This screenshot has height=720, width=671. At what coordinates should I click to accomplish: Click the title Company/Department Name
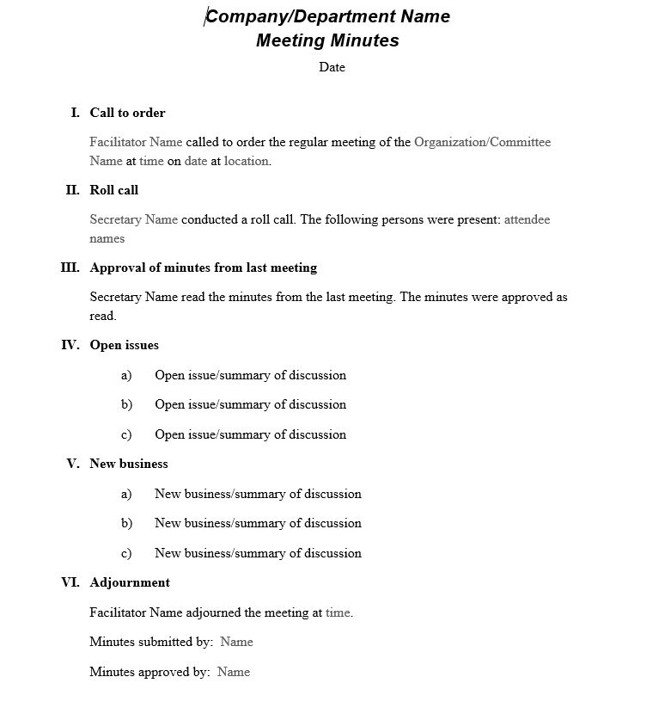click(327, 16)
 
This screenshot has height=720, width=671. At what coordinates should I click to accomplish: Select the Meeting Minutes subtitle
click(327, 40)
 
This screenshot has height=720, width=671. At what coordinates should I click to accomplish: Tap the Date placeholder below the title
click(332, 67)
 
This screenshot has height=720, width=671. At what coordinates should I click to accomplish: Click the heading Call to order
click(127, 113)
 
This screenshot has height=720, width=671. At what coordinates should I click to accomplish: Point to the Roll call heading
click(113, 190)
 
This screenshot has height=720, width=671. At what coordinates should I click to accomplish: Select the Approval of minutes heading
click(203, 268)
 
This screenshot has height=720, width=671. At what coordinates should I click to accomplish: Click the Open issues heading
click(124, 345)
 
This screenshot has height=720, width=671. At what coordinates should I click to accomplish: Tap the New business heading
click(129, 464)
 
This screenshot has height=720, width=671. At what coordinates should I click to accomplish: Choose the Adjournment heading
click(130, 582)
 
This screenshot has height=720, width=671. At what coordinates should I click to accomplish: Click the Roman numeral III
click(70, 268)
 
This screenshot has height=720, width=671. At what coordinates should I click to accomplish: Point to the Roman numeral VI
click(70, 582)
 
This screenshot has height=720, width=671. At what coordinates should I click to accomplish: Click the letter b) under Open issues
click(126, 404)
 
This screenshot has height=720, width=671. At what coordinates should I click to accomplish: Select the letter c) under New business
click(126, 553)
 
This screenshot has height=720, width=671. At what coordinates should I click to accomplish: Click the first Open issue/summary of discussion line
click(250, 375)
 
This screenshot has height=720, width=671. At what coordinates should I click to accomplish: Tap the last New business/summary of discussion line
click(258, 553)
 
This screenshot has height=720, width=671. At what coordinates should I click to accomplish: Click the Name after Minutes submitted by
click(236, 642)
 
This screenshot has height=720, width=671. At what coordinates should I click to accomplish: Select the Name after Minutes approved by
click(234, 672)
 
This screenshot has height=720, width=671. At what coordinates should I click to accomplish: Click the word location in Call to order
click(247, 161)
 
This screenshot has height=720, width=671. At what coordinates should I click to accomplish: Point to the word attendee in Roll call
click(527, 219)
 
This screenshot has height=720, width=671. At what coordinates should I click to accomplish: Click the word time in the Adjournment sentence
click(338, 612)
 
